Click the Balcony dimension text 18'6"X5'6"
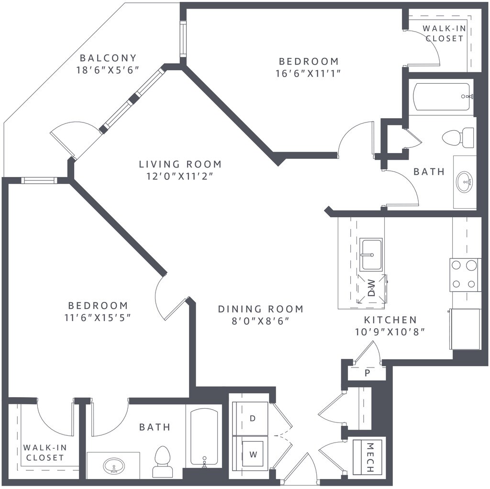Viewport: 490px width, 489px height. tap(107, 70)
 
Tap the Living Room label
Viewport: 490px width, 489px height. tap(180, 164)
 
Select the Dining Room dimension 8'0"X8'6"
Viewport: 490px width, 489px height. tap(261, 321)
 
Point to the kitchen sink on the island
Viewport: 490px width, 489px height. tap(371, 255)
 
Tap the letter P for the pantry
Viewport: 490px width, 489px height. tap(367, 372)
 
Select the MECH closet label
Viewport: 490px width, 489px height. tap(370, 457)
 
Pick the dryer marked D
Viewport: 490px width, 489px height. tap(253, 418)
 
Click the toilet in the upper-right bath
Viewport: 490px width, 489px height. tap(458, 137)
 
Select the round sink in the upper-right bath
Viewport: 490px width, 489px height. tap(465, 181)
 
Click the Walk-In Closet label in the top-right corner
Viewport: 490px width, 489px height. tap(445, 33)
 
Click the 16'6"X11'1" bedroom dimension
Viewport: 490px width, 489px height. tap(308, 73)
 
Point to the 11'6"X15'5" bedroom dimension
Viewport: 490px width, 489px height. tap(98, 317)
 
